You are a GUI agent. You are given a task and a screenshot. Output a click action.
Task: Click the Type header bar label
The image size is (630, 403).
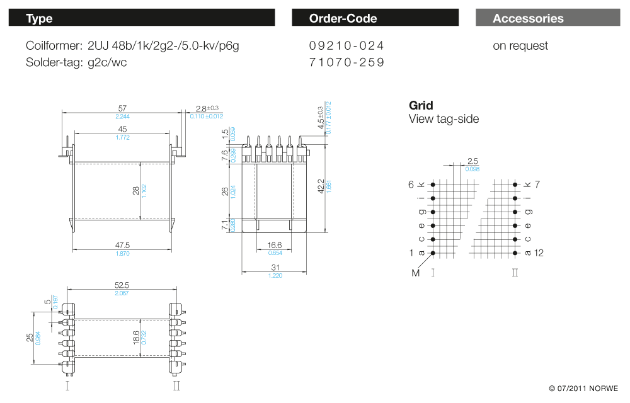pos(39,18)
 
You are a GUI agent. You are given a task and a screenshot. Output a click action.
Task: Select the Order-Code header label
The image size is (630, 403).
pos(343,18)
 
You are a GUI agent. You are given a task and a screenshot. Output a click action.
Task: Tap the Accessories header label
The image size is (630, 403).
pos(528,18)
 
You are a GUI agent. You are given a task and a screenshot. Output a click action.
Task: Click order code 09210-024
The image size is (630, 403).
pos(346,46)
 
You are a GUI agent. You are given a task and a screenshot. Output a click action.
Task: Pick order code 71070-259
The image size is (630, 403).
pos(346,62)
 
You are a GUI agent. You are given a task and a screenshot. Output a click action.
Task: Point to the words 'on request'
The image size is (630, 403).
pos(520,46)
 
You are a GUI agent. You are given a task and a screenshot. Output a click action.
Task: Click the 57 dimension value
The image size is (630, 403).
pos(123,109)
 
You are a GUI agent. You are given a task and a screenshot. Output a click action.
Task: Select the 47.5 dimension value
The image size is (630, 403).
pos(123,245)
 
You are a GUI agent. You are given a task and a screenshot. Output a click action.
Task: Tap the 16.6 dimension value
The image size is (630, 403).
pos(275,245)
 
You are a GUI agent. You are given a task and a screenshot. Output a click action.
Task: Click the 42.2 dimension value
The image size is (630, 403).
pos(321,186)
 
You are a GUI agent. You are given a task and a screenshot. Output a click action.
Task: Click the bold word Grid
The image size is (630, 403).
pos(421,105)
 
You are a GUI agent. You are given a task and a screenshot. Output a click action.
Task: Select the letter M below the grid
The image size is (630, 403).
pos(416,273)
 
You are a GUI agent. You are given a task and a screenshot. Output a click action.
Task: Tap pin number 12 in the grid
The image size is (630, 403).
pos(539,253)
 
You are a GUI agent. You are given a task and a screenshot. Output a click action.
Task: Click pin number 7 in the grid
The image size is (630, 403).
pos(537,184)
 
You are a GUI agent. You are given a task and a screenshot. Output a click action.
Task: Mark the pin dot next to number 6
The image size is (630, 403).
pos(433,184)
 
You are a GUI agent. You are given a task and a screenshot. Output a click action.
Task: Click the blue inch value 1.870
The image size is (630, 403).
pos(123,253)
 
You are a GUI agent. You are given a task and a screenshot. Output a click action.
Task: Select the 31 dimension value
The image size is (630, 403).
pos(275,268)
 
